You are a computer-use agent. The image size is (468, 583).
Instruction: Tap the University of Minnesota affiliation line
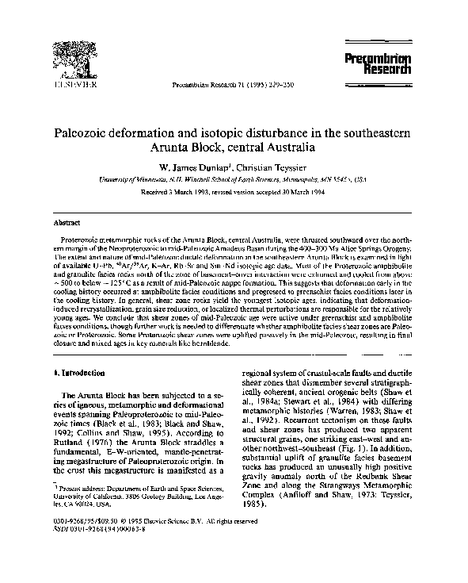pyautogui.click(x=234, y=180)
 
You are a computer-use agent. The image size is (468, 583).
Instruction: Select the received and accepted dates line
pyautogui.click(x=234, y=192)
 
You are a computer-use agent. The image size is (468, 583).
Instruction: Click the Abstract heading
pyautogui.click(x=64, y=223)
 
